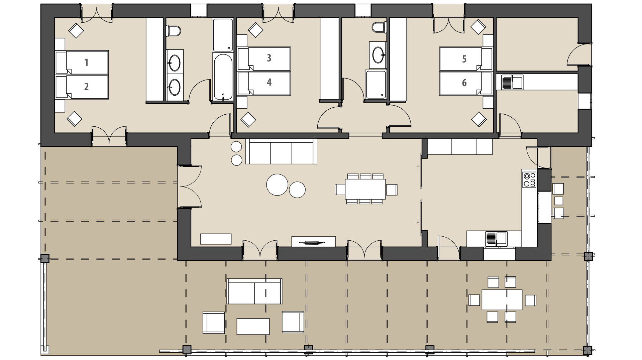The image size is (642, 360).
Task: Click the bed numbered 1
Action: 82,62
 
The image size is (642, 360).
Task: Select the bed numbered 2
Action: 82,87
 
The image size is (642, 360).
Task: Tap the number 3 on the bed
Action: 269,58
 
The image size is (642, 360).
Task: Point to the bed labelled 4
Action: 263,83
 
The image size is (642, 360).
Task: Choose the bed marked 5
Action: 466,59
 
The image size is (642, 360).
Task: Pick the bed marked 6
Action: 466,83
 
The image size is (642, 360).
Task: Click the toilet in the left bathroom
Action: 174,31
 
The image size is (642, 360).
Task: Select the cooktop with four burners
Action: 529,179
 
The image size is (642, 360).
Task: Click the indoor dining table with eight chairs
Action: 365,189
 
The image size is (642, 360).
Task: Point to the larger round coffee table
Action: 277,185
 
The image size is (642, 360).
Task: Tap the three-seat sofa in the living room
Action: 281,151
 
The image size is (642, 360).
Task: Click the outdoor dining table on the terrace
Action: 502,299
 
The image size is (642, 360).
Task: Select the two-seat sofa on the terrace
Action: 254,291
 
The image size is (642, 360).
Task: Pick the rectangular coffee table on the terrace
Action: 253,326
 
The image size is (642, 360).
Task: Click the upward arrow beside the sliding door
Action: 418,168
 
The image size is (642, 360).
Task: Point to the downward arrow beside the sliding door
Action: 418,221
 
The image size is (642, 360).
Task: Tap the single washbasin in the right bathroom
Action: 378,55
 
